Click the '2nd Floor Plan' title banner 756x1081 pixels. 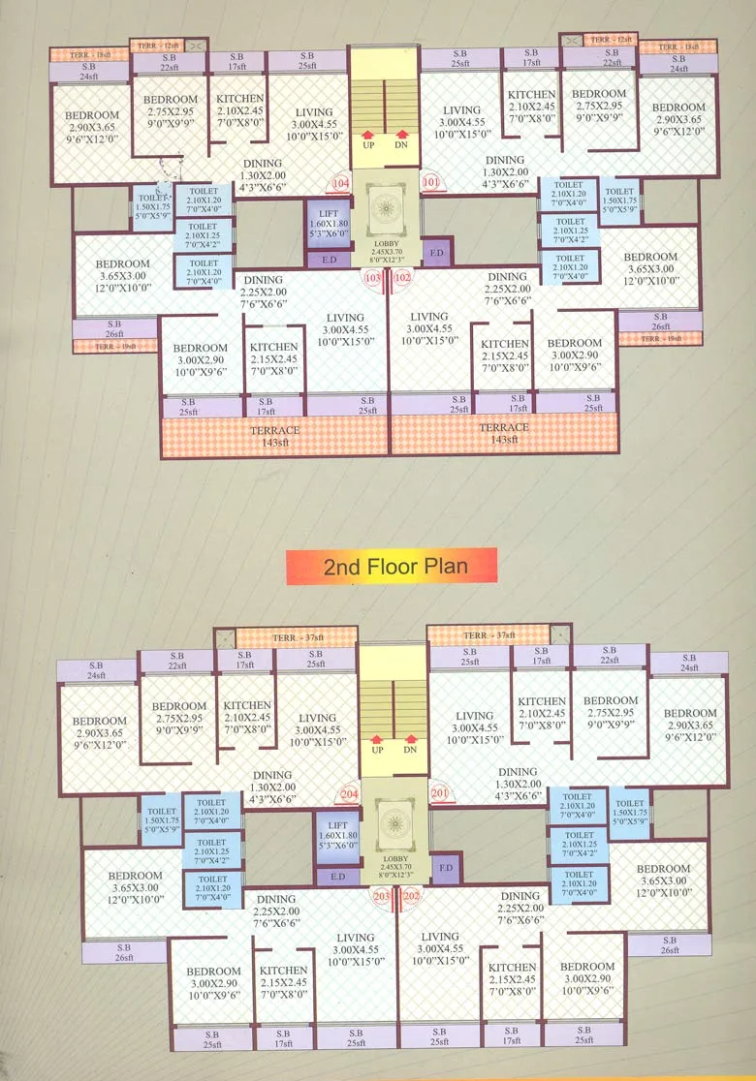391,567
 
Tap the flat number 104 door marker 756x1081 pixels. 340,183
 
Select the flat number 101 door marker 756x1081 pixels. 430,180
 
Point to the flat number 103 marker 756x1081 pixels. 372,279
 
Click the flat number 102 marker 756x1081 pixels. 402,279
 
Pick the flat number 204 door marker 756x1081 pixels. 349,795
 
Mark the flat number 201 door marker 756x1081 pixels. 441,795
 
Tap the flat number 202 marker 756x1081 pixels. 410,896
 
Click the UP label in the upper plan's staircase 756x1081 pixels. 369,145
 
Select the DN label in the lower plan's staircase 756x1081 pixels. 410,749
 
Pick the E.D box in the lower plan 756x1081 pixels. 337,878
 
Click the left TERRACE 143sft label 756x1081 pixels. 275,435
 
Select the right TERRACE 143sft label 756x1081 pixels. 504,433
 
